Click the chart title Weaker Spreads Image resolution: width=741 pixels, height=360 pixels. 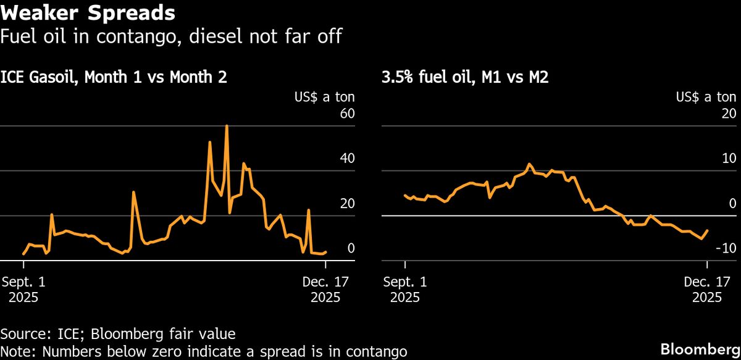pos(87,12)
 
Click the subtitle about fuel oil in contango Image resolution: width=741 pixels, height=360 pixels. pos(171,37)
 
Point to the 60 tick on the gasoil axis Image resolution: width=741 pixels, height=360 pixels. pos(347,114)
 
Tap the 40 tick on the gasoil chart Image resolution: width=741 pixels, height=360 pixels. pos(347,158)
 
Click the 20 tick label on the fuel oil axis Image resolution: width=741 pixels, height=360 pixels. pos(729,114)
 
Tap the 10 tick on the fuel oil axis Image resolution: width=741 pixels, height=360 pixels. pos(729,158)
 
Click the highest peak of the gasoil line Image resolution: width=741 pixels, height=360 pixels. pos(227,126)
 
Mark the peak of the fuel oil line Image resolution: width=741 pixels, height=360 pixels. pos(529,164)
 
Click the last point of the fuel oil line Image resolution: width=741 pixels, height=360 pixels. pos(707,230)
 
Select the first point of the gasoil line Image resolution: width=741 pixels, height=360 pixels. pos(23,254)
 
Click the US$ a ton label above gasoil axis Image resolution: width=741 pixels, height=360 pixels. pos(324,97)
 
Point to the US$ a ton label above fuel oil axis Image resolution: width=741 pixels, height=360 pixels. pos(706,97)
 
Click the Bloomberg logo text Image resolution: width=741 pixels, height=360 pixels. pos(700,348)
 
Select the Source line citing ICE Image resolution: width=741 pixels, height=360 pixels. pos(118,334)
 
